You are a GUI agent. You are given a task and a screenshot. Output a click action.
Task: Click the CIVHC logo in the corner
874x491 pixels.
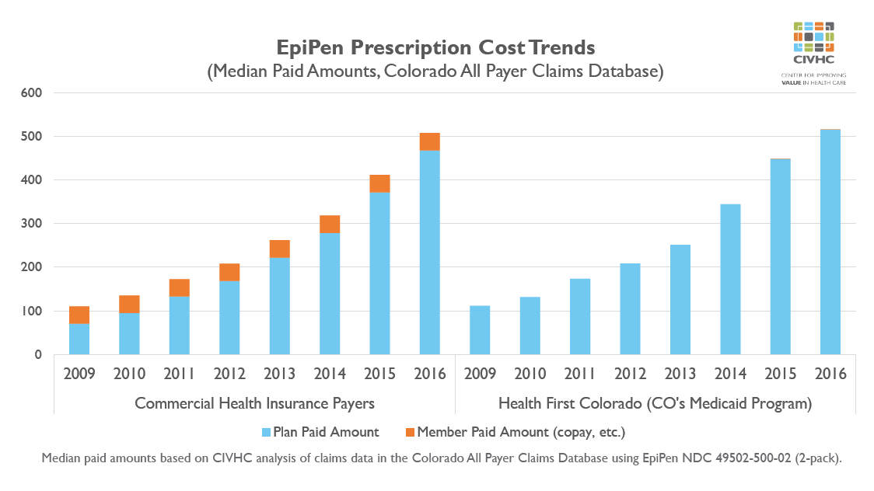coord(813,51)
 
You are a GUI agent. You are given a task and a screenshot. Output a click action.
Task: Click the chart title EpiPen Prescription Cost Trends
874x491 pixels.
coord(435,47)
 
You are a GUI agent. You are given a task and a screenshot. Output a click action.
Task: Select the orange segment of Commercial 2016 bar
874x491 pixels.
coord(430,141)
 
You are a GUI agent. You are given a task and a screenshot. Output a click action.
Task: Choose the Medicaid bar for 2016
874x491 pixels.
coord(830,242)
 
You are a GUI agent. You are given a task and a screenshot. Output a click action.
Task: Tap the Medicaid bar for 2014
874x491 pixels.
coord(730,280)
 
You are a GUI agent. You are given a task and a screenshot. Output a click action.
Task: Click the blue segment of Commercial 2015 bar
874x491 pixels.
coord(379,273)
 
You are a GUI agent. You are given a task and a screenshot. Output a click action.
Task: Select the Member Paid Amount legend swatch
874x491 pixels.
coord(410,432)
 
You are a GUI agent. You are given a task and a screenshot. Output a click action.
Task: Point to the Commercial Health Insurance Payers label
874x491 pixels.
coord(254,403)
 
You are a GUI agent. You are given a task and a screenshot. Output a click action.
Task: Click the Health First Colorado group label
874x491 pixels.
coord(655,403)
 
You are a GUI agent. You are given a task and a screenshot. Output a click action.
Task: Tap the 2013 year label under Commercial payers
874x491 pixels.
coord(280,374)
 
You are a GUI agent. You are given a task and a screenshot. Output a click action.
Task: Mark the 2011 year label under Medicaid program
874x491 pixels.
coord(580,374)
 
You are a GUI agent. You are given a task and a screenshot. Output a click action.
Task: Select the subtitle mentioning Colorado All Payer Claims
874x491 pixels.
coord(435,71)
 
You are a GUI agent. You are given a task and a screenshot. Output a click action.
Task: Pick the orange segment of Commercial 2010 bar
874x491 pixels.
coord(129,304)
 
